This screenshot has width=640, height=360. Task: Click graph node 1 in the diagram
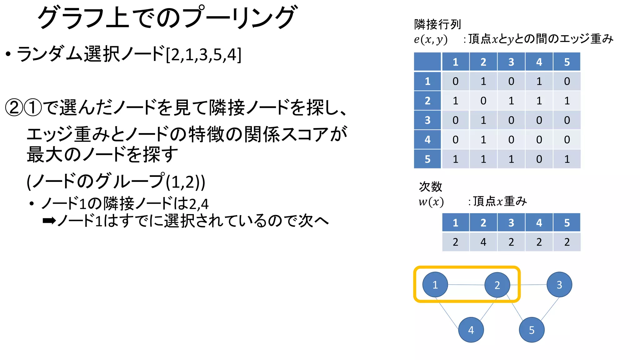(x=435, y=284)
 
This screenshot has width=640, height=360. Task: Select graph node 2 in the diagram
(x=497, y=285)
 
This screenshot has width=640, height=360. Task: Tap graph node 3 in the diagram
(x=559, y=284)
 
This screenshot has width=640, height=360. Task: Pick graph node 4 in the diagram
(x=471, y=330)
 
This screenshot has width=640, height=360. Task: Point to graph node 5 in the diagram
(x=532, y=330)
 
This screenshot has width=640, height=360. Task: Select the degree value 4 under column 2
(x=483, y=242)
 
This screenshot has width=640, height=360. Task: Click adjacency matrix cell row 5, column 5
(x=567, y=159)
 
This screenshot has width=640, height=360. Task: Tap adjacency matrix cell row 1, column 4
(x=539, y=81)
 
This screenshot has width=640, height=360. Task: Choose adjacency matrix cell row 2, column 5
(x=567, y=101)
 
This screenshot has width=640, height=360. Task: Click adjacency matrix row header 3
(x=427, y=120)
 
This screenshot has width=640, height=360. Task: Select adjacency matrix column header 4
(x=539, y=62)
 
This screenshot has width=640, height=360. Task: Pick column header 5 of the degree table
(x=567, y=222)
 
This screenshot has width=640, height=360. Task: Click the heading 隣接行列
(x=437, y=24)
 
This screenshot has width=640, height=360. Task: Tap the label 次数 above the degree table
(x=430, y=187)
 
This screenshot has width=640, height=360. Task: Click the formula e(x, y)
(x=431, y=39)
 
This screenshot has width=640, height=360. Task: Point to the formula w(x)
(x=431, y=202)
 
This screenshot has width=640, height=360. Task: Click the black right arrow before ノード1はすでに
(x=49, y=221)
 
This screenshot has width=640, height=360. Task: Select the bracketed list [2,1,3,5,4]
(x=203, y=55)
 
